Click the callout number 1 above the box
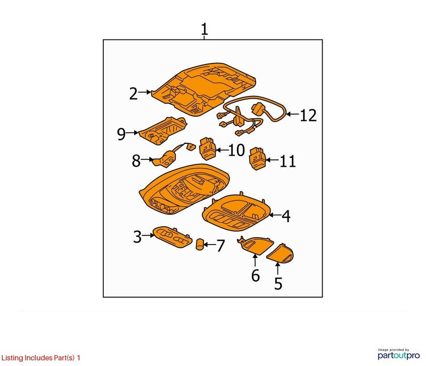204,29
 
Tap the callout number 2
134,94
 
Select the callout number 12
308,115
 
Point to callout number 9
121,134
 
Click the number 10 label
236,150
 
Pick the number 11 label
288,161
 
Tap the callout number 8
136,160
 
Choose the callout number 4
286,216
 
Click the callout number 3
137,237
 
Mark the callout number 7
220,246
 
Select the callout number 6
256,275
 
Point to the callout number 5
278,283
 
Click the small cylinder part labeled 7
200,244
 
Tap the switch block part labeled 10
208,149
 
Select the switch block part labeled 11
258,158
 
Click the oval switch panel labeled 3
172,237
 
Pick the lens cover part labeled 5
280,254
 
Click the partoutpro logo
398,354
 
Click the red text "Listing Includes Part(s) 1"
41,357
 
